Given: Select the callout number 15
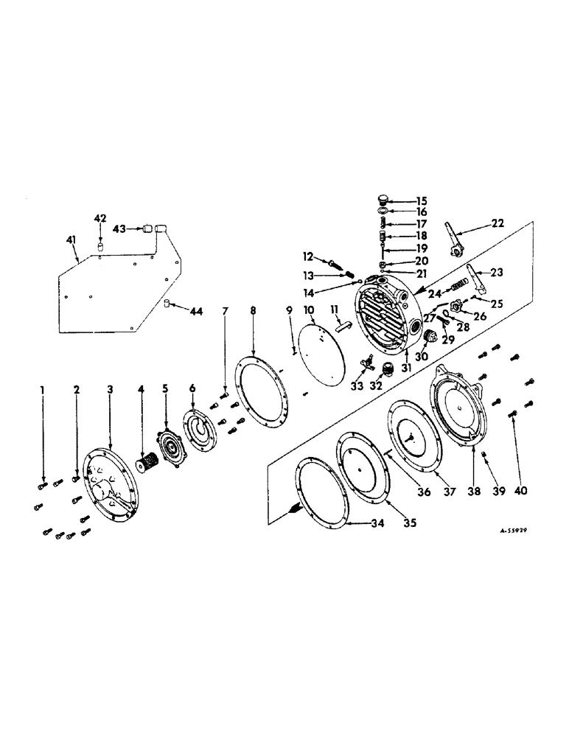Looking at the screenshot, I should [422, 200].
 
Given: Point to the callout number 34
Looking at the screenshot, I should [356, 525].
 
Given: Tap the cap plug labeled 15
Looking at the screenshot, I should [381, 200].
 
